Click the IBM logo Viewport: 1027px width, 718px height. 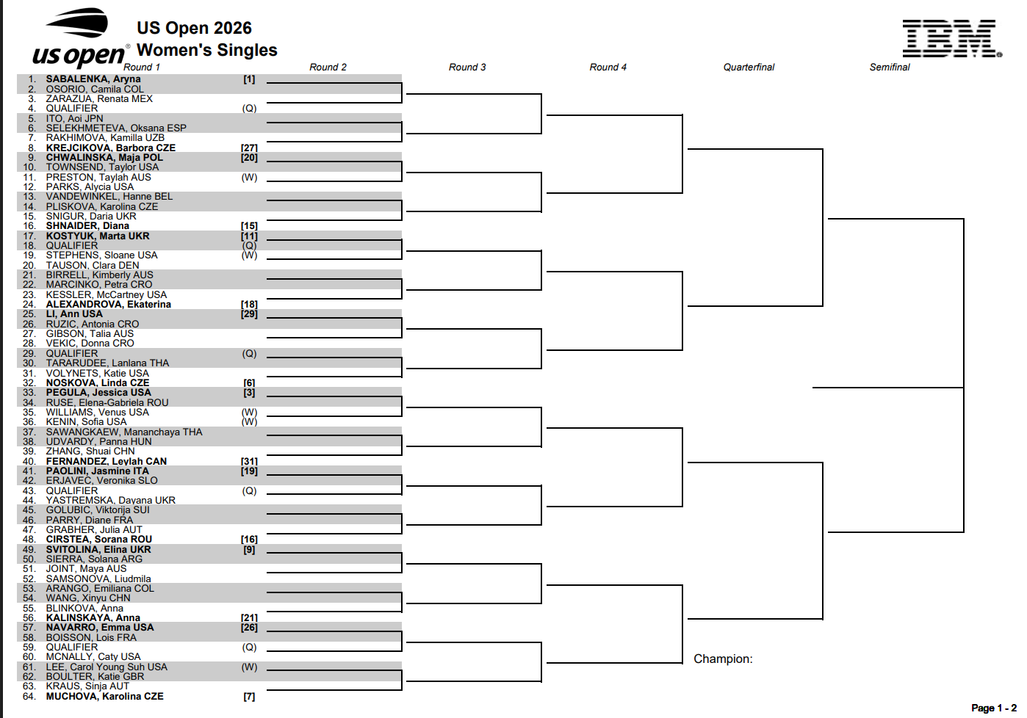(x=952, y=38)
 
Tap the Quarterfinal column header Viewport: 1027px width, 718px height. (x=749, y=68)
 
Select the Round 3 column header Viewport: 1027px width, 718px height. (x=466, y=68)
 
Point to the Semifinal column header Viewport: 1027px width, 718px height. (x=890, y=68)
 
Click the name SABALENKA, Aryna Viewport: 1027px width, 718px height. (x=93, y=79)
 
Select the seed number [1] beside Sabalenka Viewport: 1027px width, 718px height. (x=249, y=79)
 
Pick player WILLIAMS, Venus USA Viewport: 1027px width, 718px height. (x=97, y=413)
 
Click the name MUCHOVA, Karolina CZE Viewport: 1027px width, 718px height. (x=104, y=697)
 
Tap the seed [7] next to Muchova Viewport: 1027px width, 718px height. (x=249, y=697)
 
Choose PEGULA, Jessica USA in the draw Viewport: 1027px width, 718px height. (x=98, y=393)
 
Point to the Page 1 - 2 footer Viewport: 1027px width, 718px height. (x=994, y=708)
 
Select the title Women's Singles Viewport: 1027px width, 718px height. (x=206, y=50)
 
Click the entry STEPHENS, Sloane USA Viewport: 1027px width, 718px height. (x=101, y=255)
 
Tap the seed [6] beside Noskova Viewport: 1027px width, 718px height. (x=249, y=383)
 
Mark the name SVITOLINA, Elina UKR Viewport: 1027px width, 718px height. (x=98, y=549)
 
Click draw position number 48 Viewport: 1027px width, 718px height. (x=29, y=540)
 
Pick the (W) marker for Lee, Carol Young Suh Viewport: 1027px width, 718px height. (x=250, y=667)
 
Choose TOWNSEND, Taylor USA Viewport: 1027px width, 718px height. (x=102, y=167)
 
